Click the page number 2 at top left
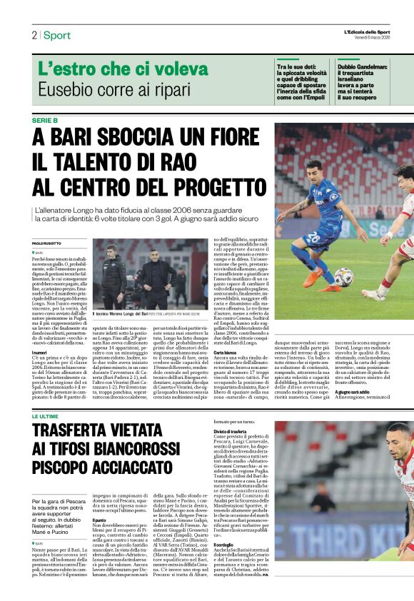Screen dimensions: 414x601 coord(34,35)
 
